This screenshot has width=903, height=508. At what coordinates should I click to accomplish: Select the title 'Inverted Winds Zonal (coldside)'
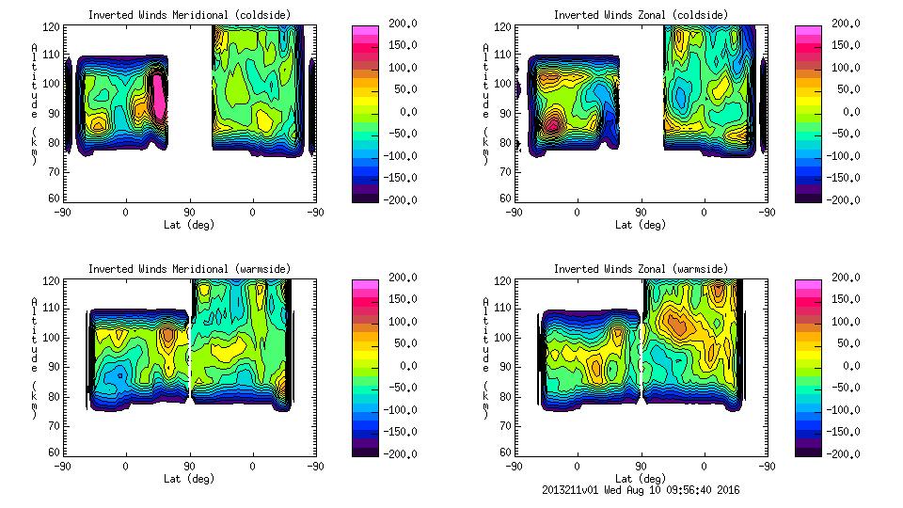click(x=641, y=14)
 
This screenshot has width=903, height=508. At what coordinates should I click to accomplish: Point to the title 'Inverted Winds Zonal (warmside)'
click(x=641, y=269)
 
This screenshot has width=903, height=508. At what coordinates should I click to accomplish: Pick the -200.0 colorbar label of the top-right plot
click(x=848, y=199)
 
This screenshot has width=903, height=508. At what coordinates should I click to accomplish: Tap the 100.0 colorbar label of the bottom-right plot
click(x=848, y=322)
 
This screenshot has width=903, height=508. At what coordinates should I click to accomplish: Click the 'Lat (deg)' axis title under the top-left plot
click(x=189, y=224)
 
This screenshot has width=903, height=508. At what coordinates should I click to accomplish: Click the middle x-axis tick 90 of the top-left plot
click(x=189, y=212)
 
